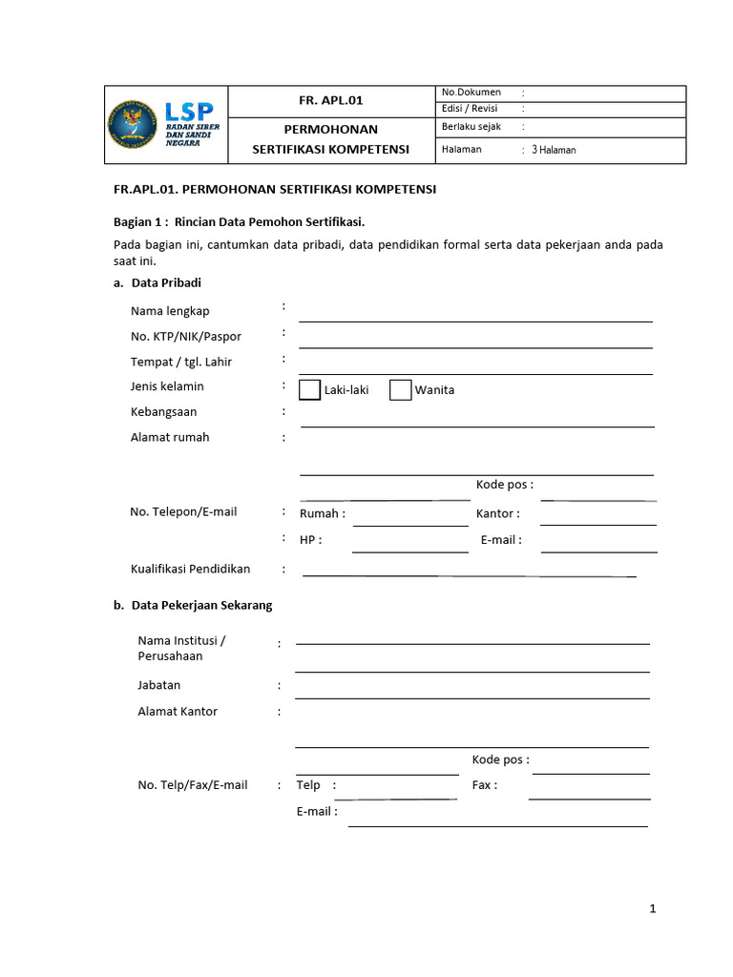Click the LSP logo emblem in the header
[x=134, y=124]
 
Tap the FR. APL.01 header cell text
[x=331, y=100]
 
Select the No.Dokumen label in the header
[x=471, y=93]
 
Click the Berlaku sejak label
[x=471, y=127]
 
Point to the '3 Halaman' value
[x=554, y=150]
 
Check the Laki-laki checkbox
[x=310, y=389]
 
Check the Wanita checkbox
[x=401, y=389]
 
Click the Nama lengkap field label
[x=170, y=311]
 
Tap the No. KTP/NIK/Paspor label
[x=186, y=337]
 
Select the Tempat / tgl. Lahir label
[x=181, y=363]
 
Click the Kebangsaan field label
[x=164, y=412]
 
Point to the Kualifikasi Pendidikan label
[x=190, y=570]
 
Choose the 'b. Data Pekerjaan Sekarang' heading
[x=193, y=606]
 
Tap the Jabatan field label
[x=158, y=685]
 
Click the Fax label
[x=484, y=785]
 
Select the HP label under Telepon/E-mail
[x=310, y=540]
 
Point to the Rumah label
[x=322, y=514]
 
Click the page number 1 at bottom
[x=653, y=909]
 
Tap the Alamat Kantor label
[x=178, y=712]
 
